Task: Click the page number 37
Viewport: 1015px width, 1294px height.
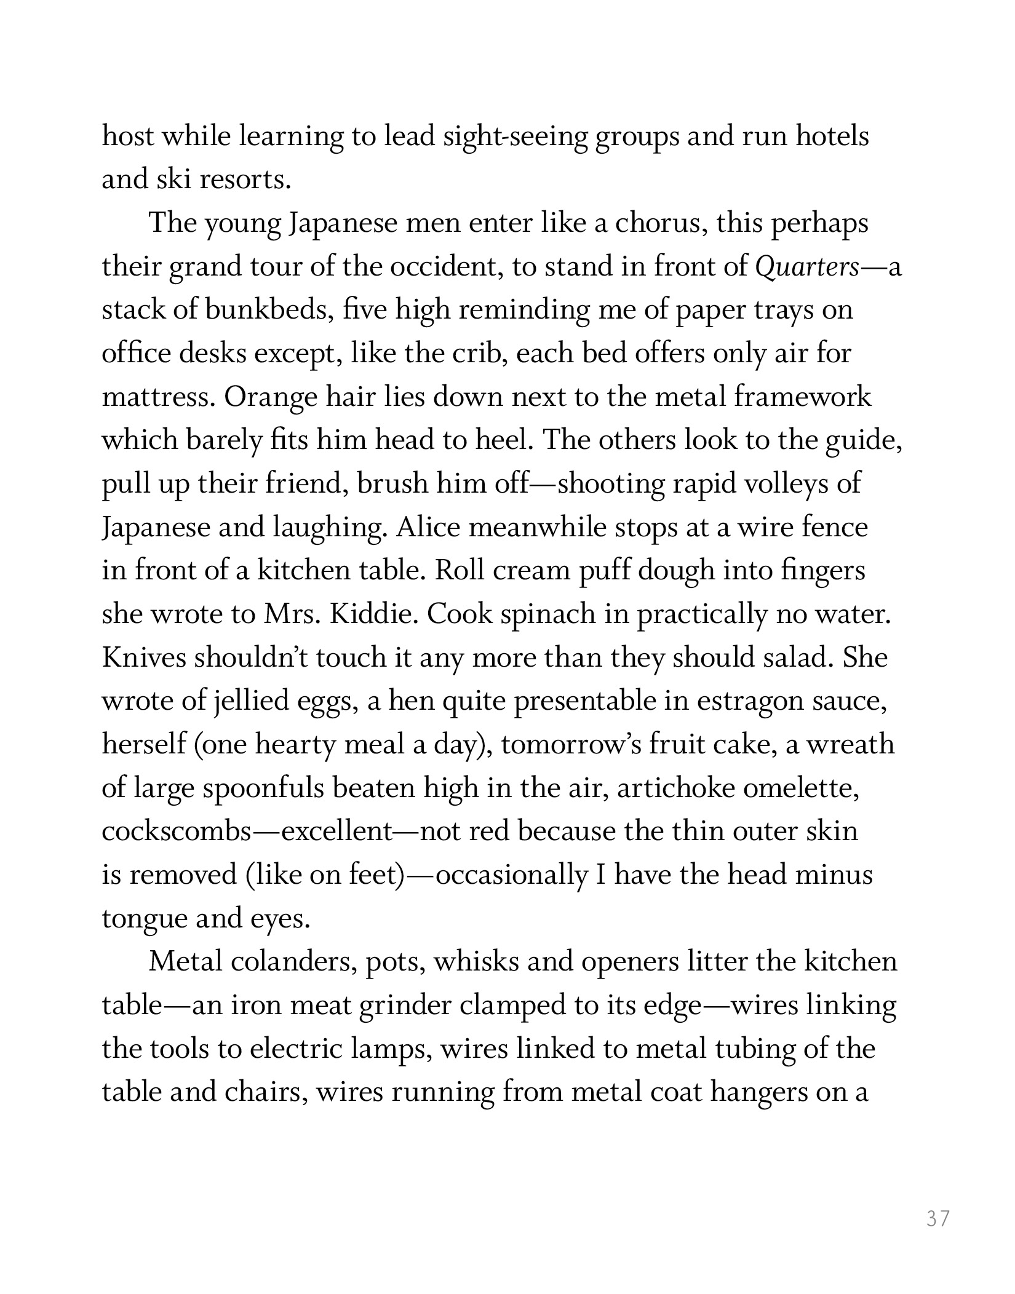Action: (938, 1218)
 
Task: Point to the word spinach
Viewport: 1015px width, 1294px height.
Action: (547, 614)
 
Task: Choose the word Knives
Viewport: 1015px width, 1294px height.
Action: (143, 657)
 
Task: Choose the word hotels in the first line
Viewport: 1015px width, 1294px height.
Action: (832, 137)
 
